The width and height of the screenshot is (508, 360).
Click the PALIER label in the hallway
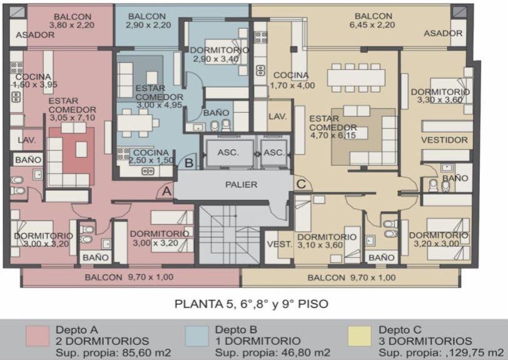[x=241, y=185]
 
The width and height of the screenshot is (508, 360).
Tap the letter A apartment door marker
[x=166, y=192]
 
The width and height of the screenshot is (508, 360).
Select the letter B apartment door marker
[x=189, y=163]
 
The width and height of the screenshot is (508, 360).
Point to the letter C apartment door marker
[x=301, y=184]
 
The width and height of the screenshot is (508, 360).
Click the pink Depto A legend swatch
[x=38, y=336]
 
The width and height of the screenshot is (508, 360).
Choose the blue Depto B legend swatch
[x=197, y=336]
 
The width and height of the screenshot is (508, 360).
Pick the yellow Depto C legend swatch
[x=360, y=336]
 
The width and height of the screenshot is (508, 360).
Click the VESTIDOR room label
[x=444, y=140]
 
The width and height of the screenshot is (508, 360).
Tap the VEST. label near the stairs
[x=279, y=244]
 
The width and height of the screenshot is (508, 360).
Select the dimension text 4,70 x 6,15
[x=333, y=135]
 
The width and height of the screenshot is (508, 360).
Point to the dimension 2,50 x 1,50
[x=151, y=160]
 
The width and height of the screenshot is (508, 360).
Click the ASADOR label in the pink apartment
[x=35, y=35]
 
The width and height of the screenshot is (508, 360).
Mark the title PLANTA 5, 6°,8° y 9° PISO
[x=251, y=304]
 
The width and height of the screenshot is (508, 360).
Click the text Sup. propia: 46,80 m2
[x=273, y=352]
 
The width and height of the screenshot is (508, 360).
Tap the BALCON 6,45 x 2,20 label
[x=373, y=21]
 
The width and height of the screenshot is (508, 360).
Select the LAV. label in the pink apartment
[x=27, y=140]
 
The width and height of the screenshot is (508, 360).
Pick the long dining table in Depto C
[x=356, y=78]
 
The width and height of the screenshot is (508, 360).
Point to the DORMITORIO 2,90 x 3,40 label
[x=219, y=55]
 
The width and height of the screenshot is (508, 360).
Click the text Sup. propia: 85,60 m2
[x=113, y=352]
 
